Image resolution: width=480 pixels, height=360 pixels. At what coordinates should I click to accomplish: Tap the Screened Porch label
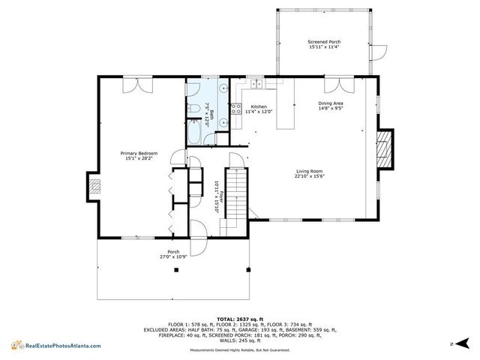tap(324, 44)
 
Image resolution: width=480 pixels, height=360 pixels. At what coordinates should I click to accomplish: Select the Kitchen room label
tap(259, 109)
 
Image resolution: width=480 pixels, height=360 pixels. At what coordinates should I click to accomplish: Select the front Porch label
tap(173, 253)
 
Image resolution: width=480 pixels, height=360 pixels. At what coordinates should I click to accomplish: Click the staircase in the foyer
tap(236, 194)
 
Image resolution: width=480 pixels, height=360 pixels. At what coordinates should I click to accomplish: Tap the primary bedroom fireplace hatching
tap(94, 187)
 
